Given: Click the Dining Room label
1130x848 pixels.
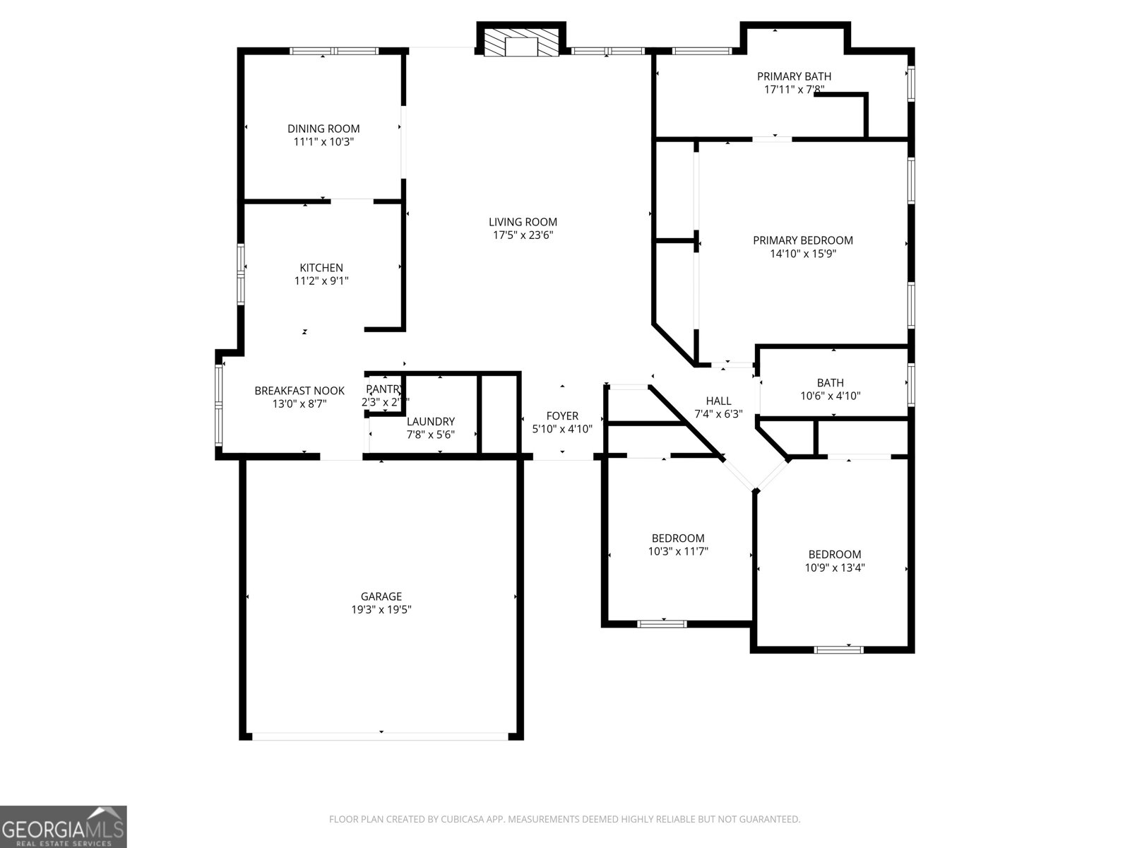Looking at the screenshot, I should (x=323, y=129).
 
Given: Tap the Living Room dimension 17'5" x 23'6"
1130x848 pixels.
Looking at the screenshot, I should (x=523, y=235).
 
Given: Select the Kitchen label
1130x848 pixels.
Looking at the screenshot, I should (x=321, y=268).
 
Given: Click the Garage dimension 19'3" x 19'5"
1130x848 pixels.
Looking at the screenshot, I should (x=381, y=610).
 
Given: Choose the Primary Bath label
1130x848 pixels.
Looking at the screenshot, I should (x=794, y=76).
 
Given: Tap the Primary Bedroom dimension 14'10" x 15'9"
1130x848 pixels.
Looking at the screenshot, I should (x=803, y=254).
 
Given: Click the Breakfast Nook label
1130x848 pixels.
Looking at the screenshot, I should (x=299, y=391).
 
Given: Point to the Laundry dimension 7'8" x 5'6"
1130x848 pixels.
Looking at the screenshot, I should (x=430, y=435).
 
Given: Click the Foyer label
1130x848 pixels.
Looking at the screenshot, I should (x=562, y=416).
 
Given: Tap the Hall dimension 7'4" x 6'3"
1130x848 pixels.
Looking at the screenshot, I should (x=718, y=415).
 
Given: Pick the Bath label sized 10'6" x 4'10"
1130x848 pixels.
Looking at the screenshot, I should (x=830, y=383).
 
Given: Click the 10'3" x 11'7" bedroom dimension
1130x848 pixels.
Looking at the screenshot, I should (x=678, y=552).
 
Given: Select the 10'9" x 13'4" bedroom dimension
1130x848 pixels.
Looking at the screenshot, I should (x=835, y=567).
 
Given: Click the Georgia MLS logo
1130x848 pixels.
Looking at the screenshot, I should (x=63, y=826).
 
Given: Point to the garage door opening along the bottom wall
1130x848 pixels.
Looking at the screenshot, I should (x=380, y=736).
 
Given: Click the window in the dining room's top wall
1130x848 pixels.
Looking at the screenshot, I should (x=335, y=51).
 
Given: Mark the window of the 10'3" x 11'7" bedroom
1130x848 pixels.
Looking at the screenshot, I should (x=662, y=624).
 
